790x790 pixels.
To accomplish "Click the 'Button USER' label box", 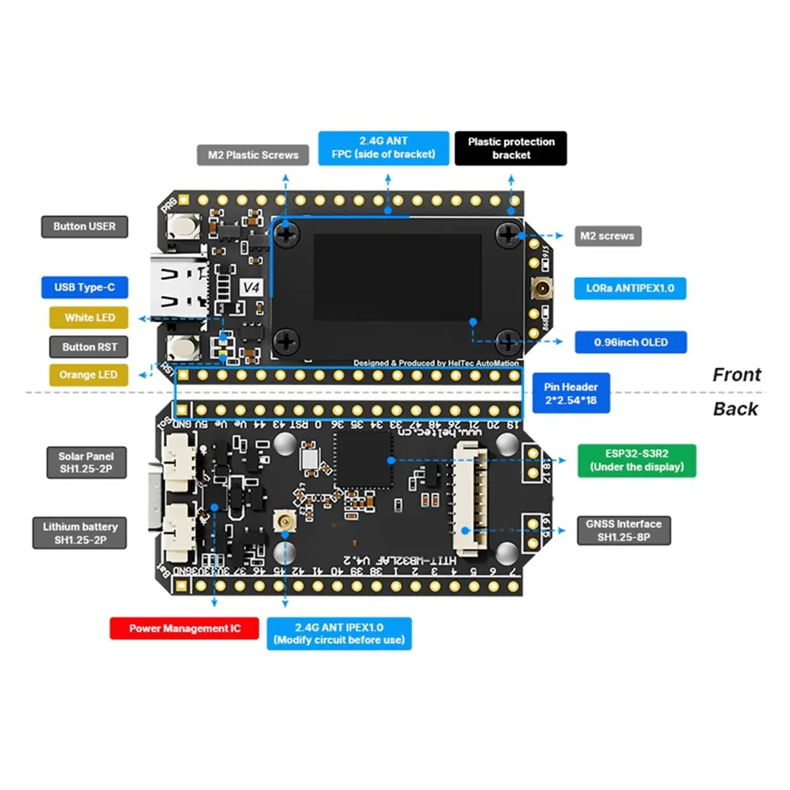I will (84, 226).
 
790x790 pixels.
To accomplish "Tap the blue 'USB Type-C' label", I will (84, 287).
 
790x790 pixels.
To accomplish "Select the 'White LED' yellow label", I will (89, 317).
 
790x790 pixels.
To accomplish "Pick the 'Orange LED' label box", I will (88, 375).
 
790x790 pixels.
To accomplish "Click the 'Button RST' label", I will (89, 347).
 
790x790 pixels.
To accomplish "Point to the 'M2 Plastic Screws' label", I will (253, 155).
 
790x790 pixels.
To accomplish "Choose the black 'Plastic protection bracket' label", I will (511, 148).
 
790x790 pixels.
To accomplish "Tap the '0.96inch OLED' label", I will (631, 342).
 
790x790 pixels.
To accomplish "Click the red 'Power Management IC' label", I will (184, 628).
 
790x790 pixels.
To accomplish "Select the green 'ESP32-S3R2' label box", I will (637, 460).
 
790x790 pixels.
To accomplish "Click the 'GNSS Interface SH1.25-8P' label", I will (623, 531).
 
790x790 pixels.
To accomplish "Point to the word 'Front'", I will (736, 375).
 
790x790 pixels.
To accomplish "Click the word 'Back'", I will (735, 409).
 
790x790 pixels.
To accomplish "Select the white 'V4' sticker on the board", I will (251, 288).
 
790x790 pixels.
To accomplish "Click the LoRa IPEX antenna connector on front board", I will (541, 287).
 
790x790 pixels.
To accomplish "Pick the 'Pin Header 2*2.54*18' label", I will (571, 394).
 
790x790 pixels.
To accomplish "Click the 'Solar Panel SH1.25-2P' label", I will (86, 462).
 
